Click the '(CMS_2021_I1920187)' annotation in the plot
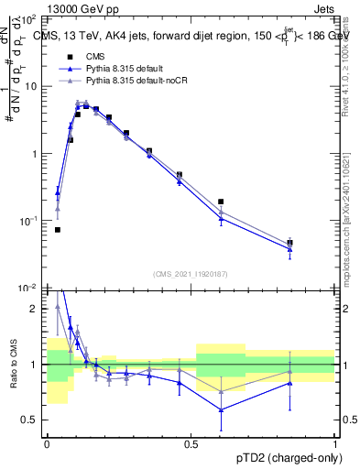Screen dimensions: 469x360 [191, 274]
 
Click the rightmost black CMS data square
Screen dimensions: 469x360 [290, 243]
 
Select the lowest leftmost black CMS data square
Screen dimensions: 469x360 [58, 230]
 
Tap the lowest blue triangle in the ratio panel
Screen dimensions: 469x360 [221, 409]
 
